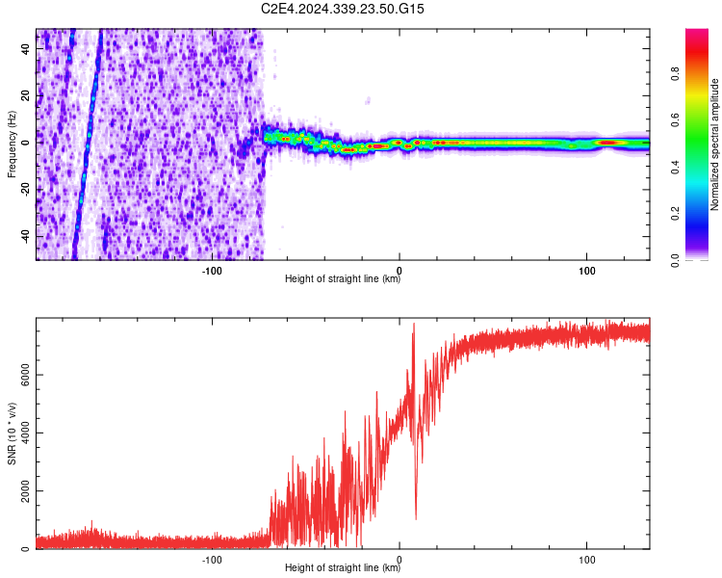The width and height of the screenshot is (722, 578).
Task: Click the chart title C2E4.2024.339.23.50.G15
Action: [343, 9]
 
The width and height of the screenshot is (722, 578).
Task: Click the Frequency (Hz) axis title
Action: [12, 144]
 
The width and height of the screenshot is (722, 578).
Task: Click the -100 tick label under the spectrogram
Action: [213, 270]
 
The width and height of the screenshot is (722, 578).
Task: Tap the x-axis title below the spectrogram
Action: [343, 280]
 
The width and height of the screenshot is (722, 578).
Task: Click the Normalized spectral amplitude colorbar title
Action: [715, 144]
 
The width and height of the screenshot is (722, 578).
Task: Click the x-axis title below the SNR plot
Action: [343, 569]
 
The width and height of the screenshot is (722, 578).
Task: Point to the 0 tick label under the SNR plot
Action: [400, 559]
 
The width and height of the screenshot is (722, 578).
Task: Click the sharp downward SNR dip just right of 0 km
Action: [416, 515]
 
